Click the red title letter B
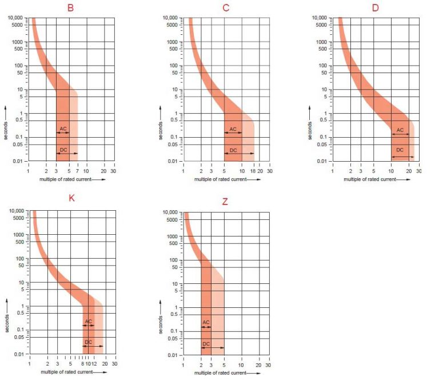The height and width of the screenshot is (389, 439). click(x=71, y=8)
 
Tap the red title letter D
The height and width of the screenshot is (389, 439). click(x=375, y=8)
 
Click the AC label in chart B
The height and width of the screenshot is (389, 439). click(x=63, y=128)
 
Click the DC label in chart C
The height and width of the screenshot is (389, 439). click(x=233, y=150)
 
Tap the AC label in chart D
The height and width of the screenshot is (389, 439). click(x=400, y=130)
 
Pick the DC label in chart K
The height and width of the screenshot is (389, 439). click(x=88, y=342)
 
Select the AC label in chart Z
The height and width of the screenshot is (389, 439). click(x=206, y=322)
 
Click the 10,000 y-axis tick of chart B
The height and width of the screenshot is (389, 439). click(x=15, y=18)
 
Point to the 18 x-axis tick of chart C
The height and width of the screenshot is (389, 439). click(x=253, y=171)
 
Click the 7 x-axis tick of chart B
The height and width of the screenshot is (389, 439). click(x=77, y=171)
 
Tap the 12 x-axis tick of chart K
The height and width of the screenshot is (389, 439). click(x=94, y=364)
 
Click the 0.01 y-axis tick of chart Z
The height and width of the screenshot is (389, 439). click(x=172, y=355)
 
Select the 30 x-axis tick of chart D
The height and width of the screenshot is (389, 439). click(x=419, y=171)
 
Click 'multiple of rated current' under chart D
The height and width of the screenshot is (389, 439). click(x=369, y=179)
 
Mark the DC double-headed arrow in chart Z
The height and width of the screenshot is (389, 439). click(x=212, y=348)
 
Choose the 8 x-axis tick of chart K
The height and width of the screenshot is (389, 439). click(x=83, y=364)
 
